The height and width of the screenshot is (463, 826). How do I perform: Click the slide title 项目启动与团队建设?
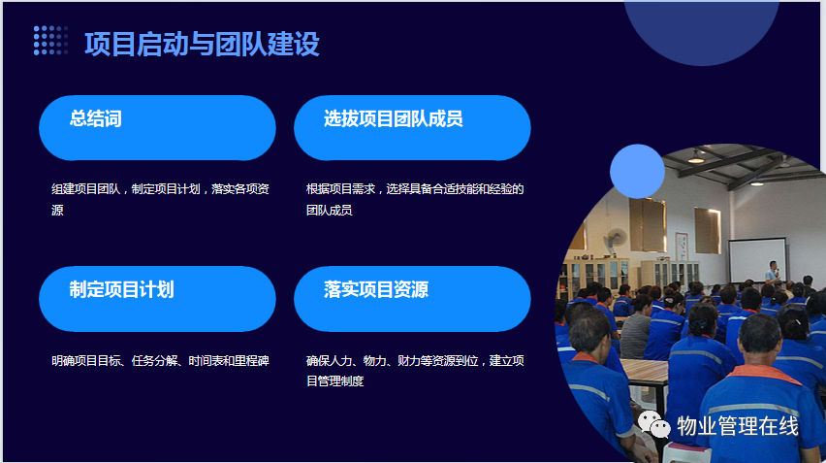[202, 44]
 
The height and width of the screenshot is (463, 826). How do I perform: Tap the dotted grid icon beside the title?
[51, 41]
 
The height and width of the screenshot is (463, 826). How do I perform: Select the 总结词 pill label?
[95, 118]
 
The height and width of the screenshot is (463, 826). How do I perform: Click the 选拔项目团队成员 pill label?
[393, 118]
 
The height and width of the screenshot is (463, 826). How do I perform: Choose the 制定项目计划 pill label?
[122, 289]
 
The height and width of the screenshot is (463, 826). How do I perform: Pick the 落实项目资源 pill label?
[376, 289]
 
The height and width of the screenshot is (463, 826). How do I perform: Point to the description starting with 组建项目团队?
[160, 199]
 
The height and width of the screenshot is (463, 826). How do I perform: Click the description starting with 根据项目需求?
[415, 199]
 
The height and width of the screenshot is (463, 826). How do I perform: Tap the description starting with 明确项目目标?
[160, 361]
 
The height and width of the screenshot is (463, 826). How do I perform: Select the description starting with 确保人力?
[415, 371]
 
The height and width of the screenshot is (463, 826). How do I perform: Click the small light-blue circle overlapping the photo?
[637, 172]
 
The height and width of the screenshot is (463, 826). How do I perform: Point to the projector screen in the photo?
[757, 260]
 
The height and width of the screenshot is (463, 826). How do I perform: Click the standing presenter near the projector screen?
[773, 273]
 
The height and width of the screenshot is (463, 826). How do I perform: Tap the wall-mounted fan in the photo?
[615, 240]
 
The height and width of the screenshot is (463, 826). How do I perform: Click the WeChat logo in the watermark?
[653, 424]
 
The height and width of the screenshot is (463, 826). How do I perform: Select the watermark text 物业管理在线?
[738, 426]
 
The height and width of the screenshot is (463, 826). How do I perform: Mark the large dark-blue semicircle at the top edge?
[701, 33]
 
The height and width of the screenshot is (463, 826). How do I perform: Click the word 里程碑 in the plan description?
[252, 361]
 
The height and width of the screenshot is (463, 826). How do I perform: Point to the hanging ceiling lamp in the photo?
[696, 157]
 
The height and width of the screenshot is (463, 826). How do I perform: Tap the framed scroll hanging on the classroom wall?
[682, 247]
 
